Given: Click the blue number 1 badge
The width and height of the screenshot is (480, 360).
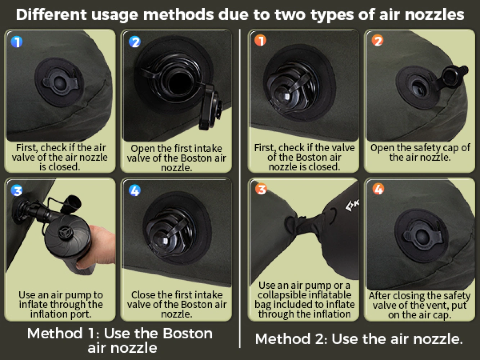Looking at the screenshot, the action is (x=17, y=42).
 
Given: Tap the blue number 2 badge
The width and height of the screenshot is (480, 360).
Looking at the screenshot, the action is (x=135, y=42).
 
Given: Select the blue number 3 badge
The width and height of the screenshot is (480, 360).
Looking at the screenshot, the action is (x=17, y=190).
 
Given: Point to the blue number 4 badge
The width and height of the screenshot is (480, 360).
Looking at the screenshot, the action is (x=135, y=190).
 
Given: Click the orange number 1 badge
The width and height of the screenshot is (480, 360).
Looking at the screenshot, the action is (x=260, y=40).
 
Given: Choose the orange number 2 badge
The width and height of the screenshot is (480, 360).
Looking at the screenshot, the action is (x=378, y=40).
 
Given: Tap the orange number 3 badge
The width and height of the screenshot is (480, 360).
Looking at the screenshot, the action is (x=261, y=189).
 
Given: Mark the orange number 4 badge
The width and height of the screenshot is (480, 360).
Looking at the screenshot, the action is (x=378, y=189).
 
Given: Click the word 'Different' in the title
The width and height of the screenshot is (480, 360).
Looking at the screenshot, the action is (x=51, y=15).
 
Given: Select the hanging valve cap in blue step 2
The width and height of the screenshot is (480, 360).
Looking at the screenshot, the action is (x=210, y=107).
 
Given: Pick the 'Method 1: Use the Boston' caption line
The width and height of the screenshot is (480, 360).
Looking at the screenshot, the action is (x=120, y=333).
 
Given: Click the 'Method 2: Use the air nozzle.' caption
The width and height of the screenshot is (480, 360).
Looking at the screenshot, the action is (x=359, y=339).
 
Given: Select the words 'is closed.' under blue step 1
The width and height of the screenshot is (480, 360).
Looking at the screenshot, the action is (x=60, y=167).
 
